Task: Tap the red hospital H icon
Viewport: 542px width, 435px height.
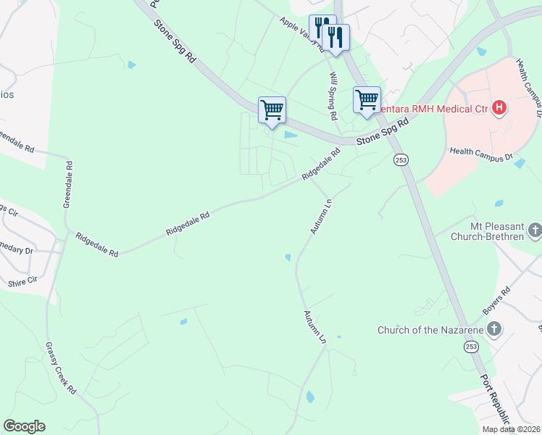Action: (x=499, y=109)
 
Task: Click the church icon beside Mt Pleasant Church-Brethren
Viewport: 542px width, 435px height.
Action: (x=535, y=231)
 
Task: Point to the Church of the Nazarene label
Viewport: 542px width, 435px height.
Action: (x=429, y=330)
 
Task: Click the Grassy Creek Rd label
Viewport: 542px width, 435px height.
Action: (x=61, y=368)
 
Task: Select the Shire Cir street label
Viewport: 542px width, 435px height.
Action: (x=22, y=281)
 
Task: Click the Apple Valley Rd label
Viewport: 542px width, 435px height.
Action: (x=301, y=33)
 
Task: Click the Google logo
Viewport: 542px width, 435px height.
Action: (x=24, y=426)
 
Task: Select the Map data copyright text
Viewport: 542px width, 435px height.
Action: (x=512, y=429)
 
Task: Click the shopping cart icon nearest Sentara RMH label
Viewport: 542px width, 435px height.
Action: (x=367, y=100)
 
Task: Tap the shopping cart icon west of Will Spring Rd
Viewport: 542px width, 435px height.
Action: (x=272, y=110)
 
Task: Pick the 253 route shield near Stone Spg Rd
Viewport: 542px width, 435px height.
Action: (x=400, y=159)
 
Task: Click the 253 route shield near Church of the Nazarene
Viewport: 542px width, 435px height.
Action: (x=472, y=347)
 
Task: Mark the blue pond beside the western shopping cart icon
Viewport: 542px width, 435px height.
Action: (x=291, y=135)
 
